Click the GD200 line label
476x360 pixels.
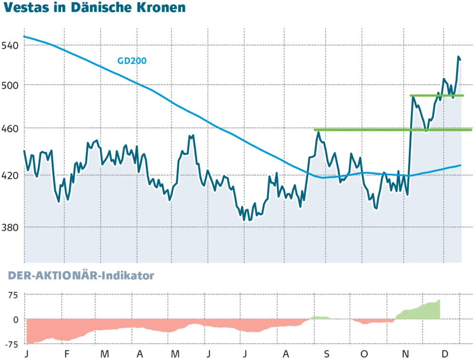pos(132,61)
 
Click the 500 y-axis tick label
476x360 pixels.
pos(11,85)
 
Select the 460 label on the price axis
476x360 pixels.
pos(11,129)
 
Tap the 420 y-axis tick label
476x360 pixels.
pos(11,176)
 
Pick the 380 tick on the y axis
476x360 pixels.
pos(11,227)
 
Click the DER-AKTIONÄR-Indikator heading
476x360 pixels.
pos(81,275)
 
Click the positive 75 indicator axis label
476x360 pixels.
pos(11,295)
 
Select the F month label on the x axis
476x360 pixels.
pos(67,354)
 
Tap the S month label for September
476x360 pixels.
pos(326,354)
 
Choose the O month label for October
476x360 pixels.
pos(364,354)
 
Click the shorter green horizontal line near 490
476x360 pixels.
pos(436,96)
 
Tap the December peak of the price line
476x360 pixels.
pos(458,57)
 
